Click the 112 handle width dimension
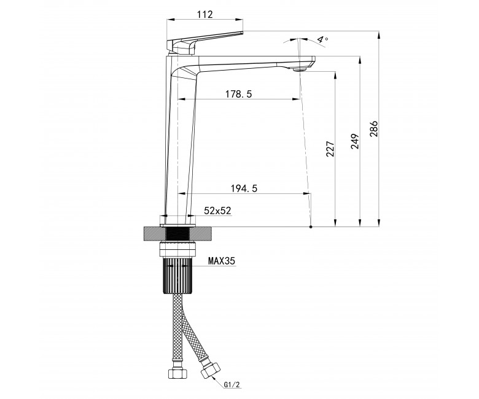tap(205, 14)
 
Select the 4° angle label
tap(322, 39)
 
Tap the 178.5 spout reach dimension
tap(239, 94)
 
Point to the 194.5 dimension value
tap(244, 188)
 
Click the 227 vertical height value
tap(330, 149)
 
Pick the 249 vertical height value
tap(355, 141)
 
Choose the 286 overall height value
tap(374, 129)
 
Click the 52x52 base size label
tap(217, 211)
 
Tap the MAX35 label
tap(222, 261)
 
